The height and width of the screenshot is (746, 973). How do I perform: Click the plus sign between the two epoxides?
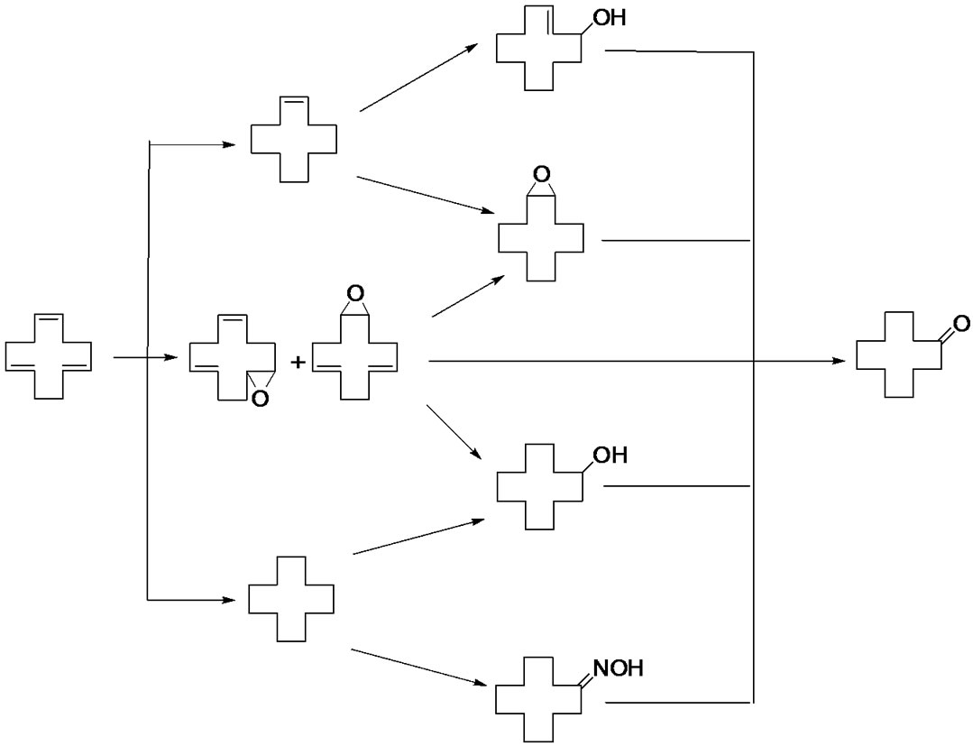coord(298,363)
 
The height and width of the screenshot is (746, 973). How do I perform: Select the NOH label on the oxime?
coord(618,670)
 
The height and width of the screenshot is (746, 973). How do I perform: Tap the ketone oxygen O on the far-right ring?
coord(960,324)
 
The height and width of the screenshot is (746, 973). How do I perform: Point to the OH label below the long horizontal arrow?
coord(609,456)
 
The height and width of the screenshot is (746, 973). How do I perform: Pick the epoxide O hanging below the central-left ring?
coord(260,399)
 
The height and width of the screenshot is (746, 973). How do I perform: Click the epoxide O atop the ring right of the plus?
coord(355,294)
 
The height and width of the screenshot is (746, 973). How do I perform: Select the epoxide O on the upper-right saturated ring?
coord(541,173)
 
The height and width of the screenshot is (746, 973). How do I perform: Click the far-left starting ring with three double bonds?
coord(49,356)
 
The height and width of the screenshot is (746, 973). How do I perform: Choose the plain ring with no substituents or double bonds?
coord(291,599)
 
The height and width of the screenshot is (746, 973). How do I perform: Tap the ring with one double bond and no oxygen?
coord(294,140)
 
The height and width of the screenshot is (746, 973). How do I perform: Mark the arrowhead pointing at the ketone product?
coord(840,361)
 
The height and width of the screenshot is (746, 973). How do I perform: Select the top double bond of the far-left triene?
coord(49,317)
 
